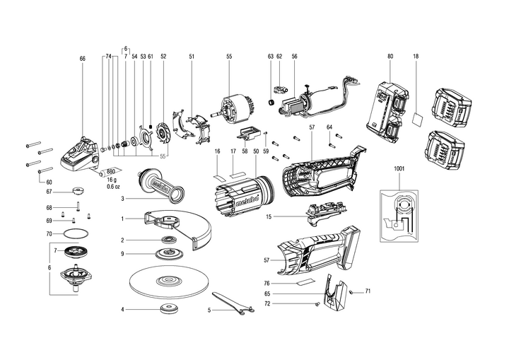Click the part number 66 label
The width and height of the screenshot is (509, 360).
[x=82, y=59]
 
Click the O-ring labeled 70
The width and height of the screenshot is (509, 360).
[x=76, y=233]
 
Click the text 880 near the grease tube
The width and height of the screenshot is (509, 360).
[x=111, y=171]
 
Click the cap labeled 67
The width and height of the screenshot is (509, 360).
[x=78, y=190]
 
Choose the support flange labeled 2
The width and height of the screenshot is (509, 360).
[x=169, y=240]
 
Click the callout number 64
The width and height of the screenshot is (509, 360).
[x=330, y=127]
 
